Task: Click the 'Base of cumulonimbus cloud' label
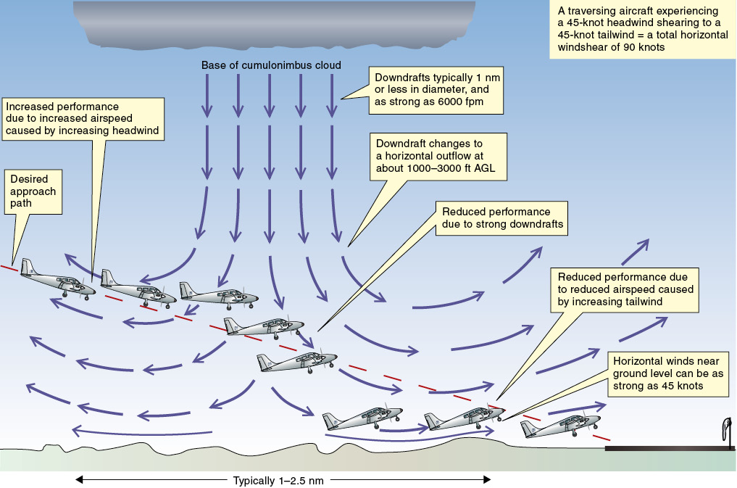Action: pos(271,66)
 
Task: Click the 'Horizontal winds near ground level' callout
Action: pos(667,373)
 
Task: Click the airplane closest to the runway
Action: pos(562,426)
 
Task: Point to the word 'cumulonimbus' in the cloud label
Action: pos(278,66)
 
